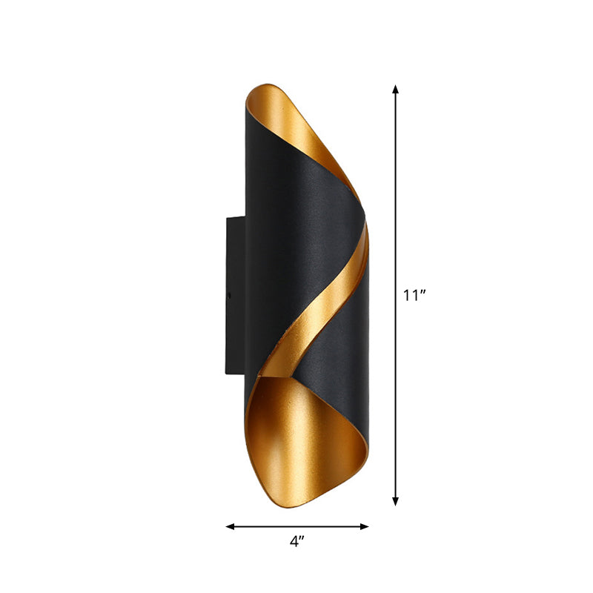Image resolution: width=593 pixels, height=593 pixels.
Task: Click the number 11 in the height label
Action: (x=410, y=296)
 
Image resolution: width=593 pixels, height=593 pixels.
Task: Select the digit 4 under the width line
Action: (x=294, y=542)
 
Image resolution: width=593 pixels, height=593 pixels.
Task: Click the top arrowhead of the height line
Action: (x=396, y=90)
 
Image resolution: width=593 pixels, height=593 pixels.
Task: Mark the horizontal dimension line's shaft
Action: (x=296, y=526)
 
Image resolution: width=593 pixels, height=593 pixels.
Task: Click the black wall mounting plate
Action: (x=235, y=296)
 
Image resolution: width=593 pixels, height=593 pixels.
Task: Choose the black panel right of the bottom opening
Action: (x=348, y=385)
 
